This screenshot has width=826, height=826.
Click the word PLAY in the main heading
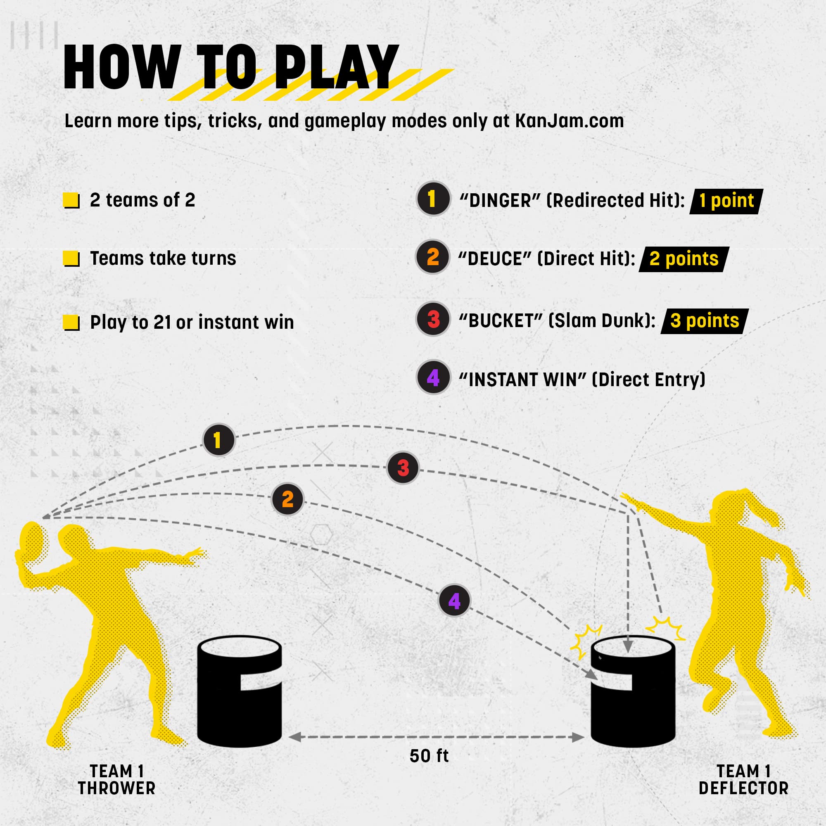tap(336, 67)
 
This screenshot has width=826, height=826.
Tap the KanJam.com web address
tap(569, 121)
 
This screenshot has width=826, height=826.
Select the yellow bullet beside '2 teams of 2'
tap(71, 201)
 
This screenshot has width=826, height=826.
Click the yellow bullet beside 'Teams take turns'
tap(71, 259)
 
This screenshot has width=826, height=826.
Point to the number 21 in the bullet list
tap(162, 323)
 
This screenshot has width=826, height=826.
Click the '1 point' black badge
tap(726, 201)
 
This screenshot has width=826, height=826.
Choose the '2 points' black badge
tap(684, 259)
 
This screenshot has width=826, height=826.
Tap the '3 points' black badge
tap(705, 321)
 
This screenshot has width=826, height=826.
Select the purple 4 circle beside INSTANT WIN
tap(433, 377)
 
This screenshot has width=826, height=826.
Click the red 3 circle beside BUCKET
tap(433, 319)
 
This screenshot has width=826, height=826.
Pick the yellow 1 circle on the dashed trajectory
tap(219, 440)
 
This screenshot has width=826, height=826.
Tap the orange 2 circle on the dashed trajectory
tap(288, 499)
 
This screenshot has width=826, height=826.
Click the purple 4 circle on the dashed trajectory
tap(454, 601)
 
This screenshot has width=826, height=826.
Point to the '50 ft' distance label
tap(429, 756)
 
